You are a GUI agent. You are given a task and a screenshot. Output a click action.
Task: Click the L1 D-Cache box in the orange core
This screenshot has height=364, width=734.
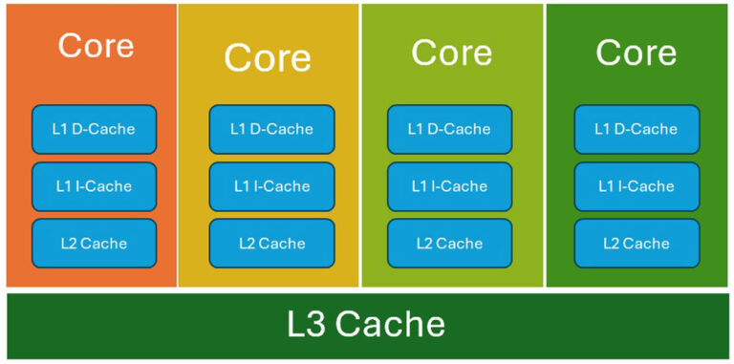94,129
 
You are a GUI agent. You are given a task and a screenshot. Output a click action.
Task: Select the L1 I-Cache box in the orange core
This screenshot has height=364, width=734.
94,186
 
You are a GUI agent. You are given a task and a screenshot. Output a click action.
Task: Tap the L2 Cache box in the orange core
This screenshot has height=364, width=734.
94,244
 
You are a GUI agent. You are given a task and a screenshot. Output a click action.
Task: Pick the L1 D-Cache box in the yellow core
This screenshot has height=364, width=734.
272,129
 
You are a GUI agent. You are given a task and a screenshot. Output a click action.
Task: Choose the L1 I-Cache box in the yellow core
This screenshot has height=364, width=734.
272,186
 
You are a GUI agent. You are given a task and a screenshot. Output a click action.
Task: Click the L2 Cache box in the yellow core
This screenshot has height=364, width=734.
272,244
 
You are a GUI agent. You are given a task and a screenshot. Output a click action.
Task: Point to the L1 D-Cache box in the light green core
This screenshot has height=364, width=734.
449,129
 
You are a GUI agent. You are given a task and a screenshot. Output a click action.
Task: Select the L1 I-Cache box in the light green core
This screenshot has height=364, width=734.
449,186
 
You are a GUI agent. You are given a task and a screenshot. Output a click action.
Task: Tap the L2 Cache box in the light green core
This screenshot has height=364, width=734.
449,244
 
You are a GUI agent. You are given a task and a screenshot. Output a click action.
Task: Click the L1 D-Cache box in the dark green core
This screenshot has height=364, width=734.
637,129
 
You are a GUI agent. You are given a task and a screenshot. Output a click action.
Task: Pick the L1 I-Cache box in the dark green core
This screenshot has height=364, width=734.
637,186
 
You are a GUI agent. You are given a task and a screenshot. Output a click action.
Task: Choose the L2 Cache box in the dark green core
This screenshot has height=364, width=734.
637,244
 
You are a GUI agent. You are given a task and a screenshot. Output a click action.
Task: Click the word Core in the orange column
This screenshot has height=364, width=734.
96,45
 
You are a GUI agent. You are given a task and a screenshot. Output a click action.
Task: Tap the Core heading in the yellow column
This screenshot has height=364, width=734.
268,57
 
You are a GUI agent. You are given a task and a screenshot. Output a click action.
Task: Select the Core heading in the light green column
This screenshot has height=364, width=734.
451,52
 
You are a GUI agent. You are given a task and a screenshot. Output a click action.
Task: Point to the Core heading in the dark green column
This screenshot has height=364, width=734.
637,52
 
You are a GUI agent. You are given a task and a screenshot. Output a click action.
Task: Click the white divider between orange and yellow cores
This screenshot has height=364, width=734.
178,143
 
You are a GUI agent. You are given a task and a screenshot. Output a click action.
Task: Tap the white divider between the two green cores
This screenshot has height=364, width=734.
545,143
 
